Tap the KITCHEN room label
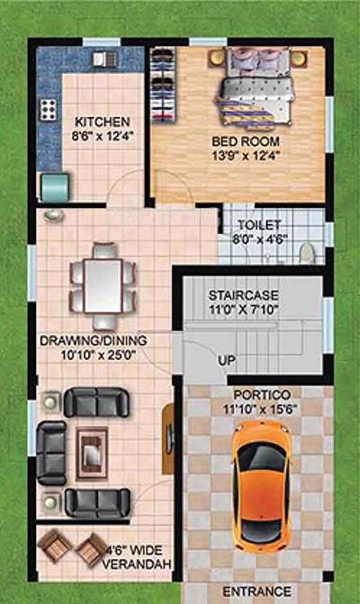(x=102, y=122)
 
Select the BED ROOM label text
(x=246, y=141)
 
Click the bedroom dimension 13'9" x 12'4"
(x=246, y=155)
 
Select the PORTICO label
(x=259, y=394)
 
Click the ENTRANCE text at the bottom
(x=256, y=591)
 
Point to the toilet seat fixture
(x=307, y=251)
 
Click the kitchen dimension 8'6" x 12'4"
(x=102, y=136)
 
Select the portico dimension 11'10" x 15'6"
(x=259, y=408)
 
